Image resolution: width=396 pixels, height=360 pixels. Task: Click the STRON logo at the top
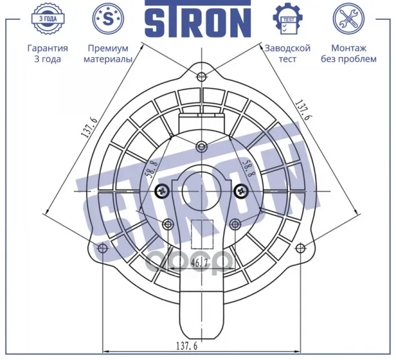tap(198, 19)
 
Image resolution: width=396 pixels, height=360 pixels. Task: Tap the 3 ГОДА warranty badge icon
tap(48, 19)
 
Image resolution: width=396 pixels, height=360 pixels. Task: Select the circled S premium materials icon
tap(108, 19)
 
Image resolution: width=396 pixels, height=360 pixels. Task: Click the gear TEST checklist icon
tap(288, 19)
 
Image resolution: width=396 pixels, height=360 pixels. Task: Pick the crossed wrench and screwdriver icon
tap(349, 19)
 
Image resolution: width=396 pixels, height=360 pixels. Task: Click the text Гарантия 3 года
tap(48, 53)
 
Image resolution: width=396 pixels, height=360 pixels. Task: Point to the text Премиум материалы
tap(108, 53)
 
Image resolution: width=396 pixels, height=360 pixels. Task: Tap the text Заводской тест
tap(287, 53)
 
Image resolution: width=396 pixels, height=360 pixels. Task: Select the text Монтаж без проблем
tap(349, 53)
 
